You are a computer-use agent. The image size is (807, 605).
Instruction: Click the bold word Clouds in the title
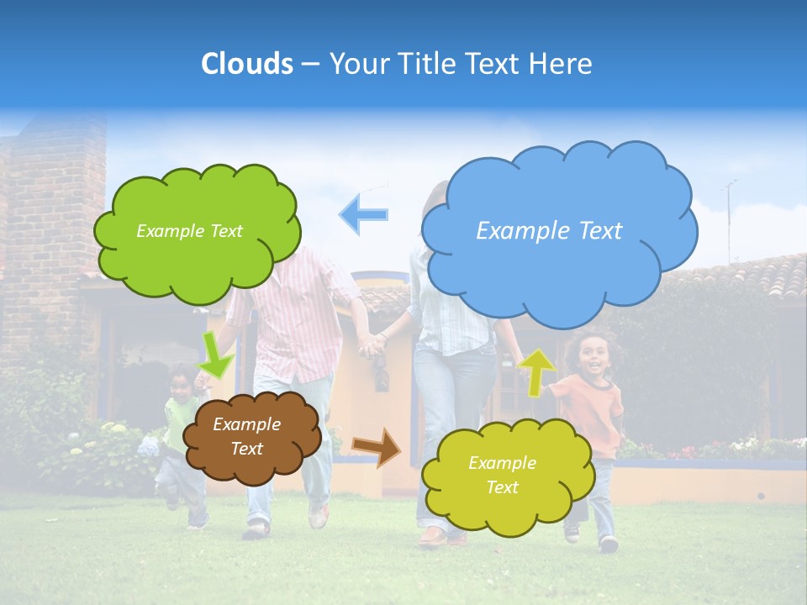[247, 64]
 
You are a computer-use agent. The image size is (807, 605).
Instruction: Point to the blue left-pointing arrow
[363, 214]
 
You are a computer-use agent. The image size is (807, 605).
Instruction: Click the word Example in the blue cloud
[515, 231]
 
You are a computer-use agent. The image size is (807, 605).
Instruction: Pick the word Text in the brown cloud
[247, 449]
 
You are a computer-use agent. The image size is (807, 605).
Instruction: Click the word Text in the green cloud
[226, 231]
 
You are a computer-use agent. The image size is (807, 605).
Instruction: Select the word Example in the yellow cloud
[502, 463]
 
